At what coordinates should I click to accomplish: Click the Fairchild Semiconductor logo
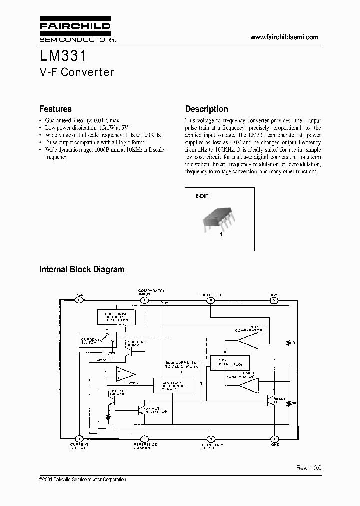pyautogui.click(x=75, y=30)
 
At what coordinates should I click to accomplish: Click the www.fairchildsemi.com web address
pyautogui.click(x=283, y=37)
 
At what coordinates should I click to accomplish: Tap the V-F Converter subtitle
pyautogui.click(x=77, y=72)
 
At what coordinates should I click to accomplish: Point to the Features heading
pyautogui.click(x=55, y=109)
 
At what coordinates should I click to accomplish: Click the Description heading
pyautogui.click(x=206, y=109)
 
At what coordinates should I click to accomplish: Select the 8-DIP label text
pyautogui.click(x=202, y=197)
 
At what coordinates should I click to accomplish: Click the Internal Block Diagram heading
pyautogui.click(x=82, y=269)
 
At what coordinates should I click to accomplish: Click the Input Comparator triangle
pyautogui.click(x=247, y=340)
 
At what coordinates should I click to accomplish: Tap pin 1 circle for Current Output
pyautogui.click(x=78, y=438)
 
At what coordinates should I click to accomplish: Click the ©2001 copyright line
pyautogui.click(x=82, y=479)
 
